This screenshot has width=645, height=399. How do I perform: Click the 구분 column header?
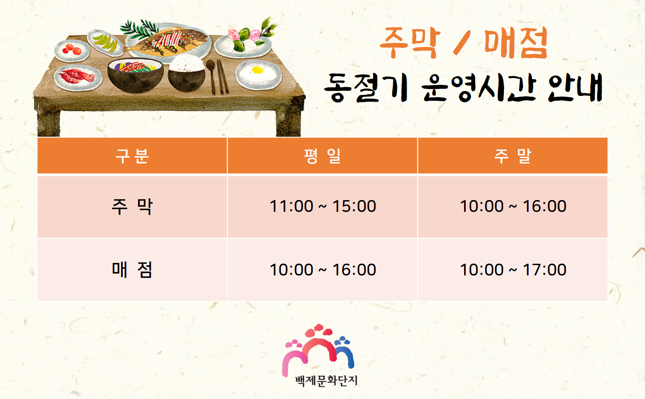pos(132,156)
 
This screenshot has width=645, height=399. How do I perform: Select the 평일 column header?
pos(322,156)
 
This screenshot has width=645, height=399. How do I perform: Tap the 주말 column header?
pos(512,156)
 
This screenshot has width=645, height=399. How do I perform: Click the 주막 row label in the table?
pos(132,206)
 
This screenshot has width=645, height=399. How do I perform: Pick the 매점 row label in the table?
pos(132,270)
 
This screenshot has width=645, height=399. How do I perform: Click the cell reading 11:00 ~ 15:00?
pos(323,206)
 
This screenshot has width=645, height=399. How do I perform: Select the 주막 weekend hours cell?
pos(513,206)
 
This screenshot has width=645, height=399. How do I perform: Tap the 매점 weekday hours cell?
pos(323,270)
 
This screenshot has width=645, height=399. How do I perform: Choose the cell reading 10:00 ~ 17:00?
pos(513,270)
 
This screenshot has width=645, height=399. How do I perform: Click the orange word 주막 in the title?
pos(410,43)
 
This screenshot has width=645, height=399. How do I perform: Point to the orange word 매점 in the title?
pos(516,43)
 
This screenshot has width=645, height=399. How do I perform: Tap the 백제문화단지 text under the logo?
pos(326,381)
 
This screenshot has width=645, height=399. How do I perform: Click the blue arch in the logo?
pos(345,354)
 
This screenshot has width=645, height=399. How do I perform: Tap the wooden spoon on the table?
pos(211,76)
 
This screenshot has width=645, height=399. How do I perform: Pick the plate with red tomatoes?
pos(72,50)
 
